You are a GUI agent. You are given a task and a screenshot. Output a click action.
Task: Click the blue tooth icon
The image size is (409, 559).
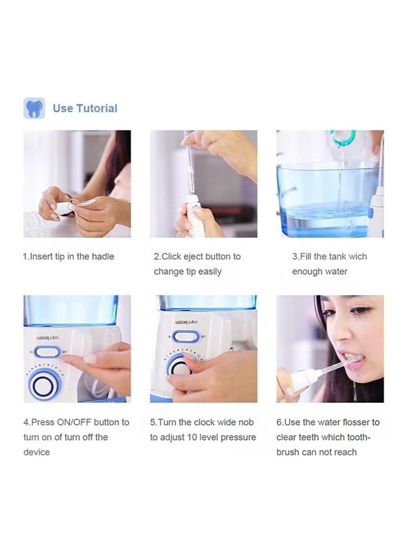pyautogui.click(x=34, y=109)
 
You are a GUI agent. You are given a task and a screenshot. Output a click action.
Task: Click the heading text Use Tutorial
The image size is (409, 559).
pyautogui.click(x=85, y=109)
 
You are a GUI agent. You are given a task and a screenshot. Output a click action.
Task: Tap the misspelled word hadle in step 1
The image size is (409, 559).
pyautogui.click(x=102, y=256)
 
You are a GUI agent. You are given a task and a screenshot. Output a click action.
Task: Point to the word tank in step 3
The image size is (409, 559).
pyautogui.click(x=332, y=256)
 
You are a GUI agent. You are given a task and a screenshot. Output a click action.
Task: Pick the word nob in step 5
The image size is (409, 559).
pyautogui.click(x=245, y=422)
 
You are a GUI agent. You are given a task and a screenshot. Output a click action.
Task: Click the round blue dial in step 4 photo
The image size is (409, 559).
pyautogui.click(x=43, y=384)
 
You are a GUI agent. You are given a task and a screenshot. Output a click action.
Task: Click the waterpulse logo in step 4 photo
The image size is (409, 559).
pyautogui.click(x=47, y=338)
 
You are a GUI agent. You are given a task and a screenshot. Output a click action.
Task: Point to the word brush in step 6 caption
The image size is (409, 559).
pyautogui.click(x=288, y=452)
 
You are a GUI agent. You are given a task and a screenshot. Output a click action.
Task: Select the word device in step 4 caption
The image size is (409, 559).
pyautogui.click(x=37, y=452)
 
